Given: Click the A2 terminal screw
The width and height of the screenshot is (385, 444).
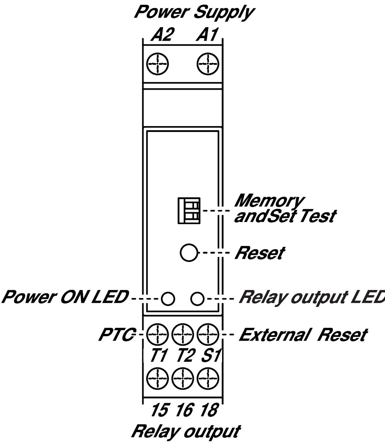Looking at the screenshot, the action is click(x=157, y=64).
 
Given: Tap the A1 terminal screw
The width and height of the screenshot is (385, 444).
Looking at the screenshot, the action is click(x=208, y=64).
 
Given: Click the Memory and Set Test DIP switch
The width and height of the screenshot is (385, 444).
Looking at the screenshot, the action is click(x=189, y=211).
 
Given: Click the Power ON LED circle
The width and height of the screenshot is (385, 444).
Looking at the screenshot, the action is click(x=168, y=299).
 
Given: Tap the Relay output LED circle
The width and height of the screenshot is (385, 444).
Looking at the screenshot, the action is click(x=197, y=299).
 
